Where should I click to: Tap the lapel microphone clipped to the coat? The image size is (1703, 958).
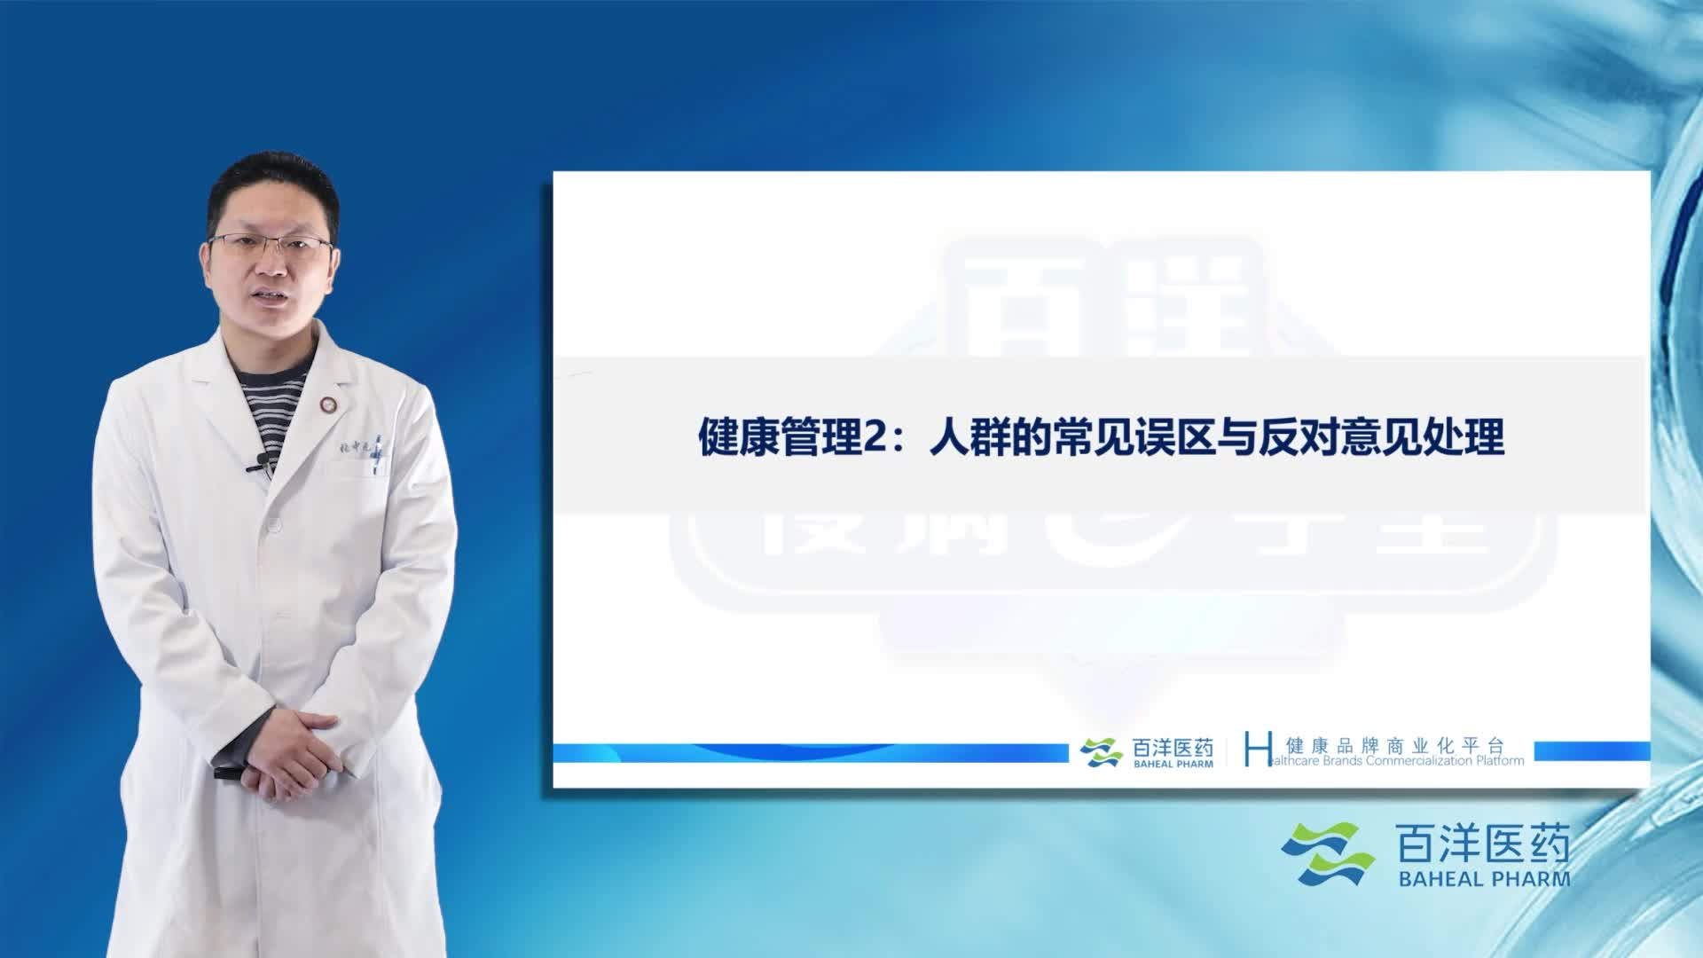260,460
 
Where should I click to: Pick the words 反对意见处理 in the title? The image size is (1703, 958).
1382,438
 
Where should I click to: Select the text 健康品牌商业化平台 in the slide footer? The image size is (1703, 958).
1395,745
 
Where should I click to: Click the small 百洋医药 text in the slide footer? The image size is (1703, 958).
1173,748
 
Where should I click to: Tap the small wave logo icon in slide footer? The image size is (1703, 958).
1101,752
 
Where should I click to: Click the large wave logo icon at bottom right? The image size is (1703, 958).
1327,853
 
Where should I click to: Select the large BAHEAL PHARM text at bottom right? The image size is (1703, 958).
1483,879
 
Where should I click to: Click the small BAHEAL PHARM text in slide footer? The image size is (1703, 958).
1173,764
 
